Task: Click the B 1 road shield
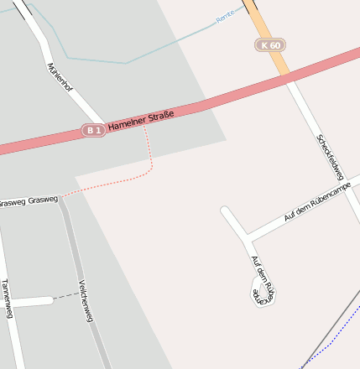93,130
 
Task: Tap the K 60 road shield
270,44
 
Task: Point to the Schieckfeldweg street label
330,157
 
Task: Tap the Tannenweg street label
7,299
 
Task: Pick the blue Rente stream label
225,17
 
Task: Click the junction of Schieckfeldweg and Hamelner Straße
289,77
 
